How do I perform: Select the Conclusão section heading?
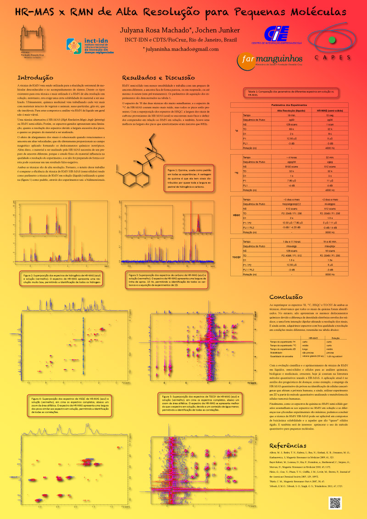[x=286, y=297]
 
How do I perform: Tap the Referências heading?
[x=288, y=446]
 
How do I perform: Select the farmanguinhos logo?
[x=270, y=59]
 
